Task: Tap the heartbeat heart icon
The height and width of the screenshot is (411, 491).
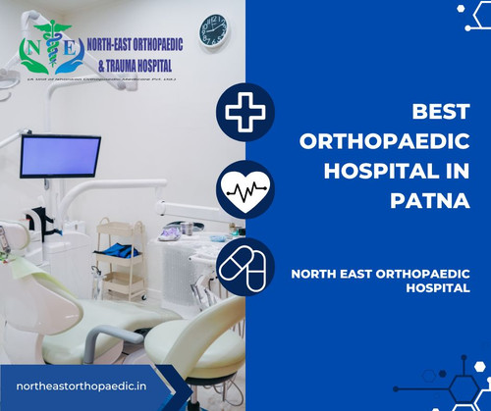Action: [x=245, y=189]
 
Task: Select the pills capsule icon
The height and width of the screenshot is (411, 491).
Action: [x=245, y=266]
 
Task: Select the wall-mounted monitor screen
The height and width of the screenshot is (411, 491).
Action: [x=60, y=155]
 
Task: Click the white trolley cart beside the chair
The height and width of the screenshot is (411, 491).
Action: [x=121, y=260]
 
